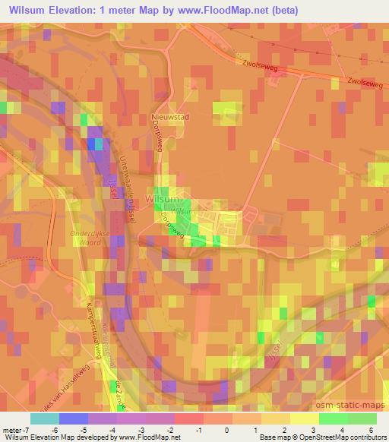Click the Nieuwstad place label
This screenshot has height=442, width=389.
pyautogui.click(x=169, y=118)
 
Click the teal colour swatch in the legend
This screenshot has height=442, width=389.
pyautogui.click(x=45, y=418)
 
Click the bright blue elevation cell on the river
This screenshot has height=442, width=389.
pyautogui.click(x=96, y=144)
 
